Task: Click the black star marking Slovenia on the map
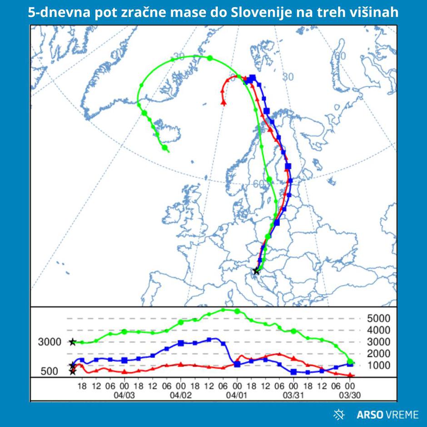(x=256, y=271)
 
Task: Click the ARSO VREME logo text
(x=387, y=414)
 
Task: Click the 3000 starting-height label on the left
(x=50, y=342)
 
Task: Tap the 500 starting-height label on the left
(x=50, y=371)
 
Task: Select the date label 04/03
(x=124, y=395)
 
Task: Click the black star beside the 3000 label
(x=72, y=342)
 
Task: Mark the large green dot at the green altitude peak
(x=237, y=311)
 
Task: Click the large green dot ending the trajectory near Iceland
(x=165, y=148)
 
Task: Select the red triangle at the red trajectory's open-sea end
(x=223, y=103)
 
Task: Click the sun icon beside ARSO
(x=339, y=414)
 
